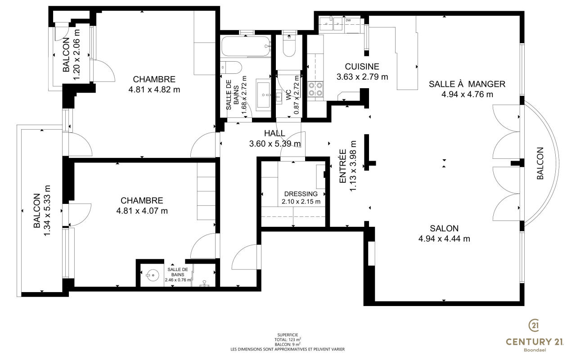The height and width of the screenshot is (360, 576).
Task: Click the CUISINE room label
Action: pyautogui.click(x=362, y=67)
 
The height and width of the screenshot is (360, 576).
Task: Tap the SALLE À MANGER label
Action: pyautogui.click(x=467, y=84)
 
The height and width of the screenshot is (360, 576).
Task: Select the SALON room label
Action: pyautogui.click(x=444, y=228)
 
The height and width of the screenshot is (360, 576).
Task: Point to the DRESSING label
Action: pyautogui.click(x=301, y=193)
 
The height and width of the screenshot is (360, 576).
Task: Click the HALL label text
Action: pyautogui.click(x=274, y=133)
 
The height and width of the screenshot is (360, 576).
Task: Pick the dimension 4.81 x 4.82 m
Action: pyautogui.click(x=154, y=90)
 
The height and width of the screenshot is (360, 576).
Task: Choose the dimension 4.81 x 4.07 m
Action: pyautogui.click(x=142, y=211)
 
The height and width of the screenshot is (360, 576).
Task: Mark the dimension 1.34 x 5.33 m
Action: pyautogui.click(x=47, y=211)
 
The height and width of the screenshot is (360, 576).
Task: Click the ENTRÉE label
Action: pyautogui.click(x=343, y=166)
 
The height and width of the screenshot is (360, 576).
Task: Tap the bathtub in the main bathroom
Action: pyautogui.click(x=246, y=46)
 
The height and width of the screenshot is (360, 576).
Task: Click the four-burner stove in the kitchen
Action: pyautogui.click(x=315, y=89)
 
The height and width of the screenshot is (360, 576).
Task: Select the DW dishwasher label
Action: pyautogui.click(x=348, y=20)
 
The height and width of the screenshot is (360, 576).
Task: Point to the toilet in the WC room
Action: pyautogui.click(x=289, y=46)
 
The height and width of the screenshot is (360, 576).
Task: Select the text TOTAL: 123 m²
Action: pyautogui.click(x=288, y=340)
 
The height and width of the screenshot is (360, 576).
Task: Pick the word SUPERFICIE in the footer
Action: pyautogui.click(x=288, y=335)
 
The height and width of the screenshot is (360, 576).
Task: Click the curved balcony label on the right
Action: pyautogui.click(x=540, y=163)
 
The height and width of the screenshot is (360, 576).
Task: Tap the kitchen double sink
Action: pyautogui.click(x=331, y=24)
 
